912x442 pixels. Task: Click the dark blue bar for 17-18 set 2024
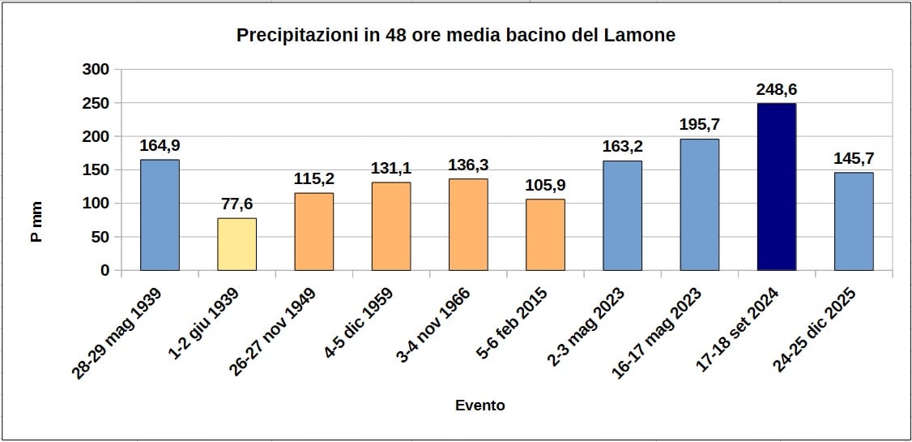click(776, 187)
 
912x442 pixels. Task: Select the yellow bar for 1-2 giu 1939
click(237, 244)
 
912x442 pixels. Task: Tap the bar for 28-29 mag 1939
click(160, 215)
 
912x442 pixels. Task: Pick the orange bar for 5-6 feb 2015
click(545, 234)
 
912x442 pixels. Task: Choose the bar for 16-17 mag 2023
click(699, 204)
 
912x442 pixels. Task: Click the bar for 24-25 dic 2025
click(854, 221)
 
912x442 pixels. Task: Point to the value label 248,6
click(776, 90)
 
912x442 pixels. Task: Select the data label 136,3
click(468, 165)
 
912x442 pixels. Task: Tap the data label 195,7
click(699, 126)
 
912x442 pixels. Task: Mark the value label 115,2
click(313, 179)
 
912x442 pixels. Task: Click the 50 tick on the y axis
click(100, 237)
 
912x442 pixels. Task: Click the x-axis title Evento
click(479, 406)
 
